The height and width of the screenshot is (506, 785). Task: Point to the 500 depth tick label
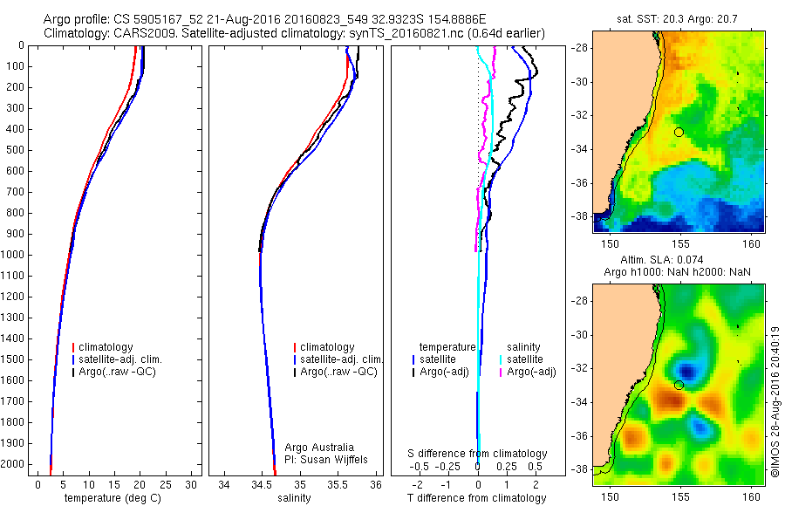tap(15, 150)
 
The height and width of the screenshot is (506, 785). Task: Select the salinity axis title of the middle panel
tap(292, 498)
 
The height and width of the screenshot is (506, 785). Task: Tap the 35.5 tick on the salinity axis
tap(338, 484)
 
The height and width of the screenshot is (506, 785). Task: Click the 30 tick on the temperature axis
tap(191, 484)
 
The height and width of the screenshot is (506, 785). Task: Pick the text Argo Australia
tap(320, 447)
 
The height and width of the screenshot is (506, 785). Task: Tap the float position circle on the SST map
tap(679, 132)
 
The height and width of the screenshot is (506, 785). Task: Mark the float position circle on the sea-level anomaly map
tap(679, 385)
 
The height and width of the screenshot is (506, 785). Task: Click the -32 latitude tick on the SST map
tap(582, 115)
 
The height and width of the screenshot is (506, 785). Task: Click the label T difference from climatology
tap(476, 498)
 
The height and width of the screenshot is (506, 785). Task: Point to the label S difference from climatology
tap(478, 454)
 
